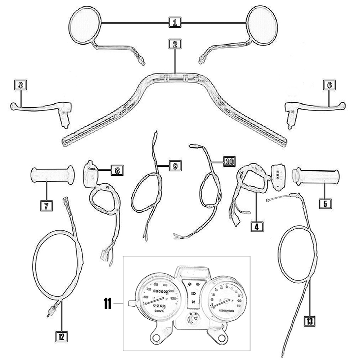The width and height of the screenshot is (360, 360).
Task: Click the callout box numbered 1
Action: (175, 23)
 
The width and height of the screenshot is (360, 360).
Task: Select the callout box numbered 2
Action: (175, 45)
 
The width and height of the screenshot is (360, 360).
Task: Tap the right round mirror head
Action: (263, 24)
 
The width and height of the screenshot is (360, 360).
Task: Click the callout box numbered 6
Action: (329, 85)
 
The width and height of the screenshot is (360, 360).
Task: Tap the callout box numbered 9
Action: (175, 166)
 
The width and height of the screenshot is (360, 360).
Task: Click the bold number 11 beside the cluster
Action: (107, 305)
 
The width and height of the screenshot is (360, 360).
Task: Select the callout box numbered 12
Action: (61, 337)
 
